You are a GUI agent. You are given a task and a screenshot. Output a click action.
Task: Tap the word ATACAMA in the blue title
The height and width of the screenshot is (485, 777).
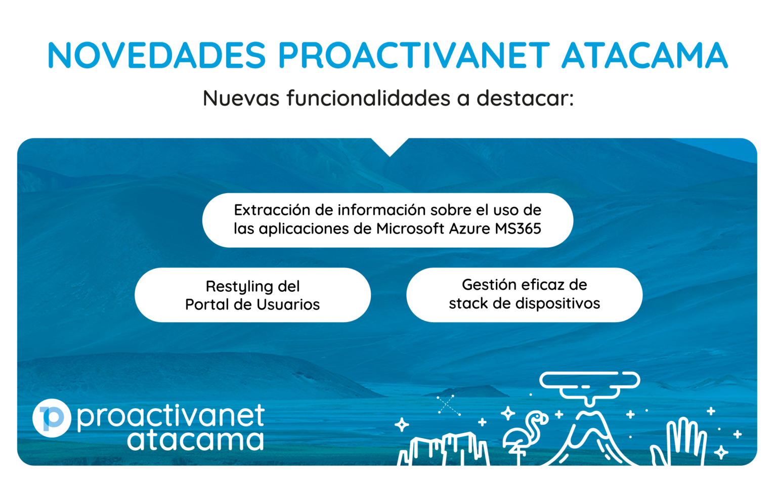[x=644, y=55]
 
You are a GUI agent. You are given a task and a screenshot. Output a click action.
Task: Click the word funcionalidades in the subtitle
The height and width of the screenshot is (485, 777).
[x=368, y=98]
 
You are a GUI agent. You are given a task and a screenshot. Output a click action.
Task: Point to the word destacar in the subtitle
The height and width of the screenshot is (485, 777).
[x=525, y=98]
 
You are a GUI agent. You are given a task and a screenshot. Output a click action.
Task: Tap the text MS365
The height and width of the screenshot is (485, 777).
[x=518, y=229]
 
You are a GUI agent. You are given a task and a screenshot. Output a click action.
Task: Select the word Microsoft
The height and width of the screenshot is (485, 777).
[x=410, y=229]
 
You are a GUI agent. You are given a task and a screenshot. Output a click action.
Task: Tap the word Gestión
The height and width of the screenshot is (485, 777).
[x=489, y=285]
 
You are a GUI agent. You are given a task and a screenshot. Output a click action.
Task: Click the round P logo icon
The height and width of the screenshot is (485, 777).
[x=52, y=418]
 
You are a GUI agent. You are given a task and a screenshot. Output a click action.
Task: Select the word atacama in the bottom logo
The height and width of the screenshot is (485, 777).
[x=195, y=440]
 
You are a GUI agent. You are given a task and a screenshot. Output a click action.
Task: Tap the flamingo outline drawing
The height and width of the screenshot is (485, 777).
[x=525, y=434]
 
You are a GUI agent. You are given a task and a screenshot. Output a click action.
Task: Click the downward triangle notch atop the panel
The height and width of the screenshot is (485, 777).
[x=390, y=146]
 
